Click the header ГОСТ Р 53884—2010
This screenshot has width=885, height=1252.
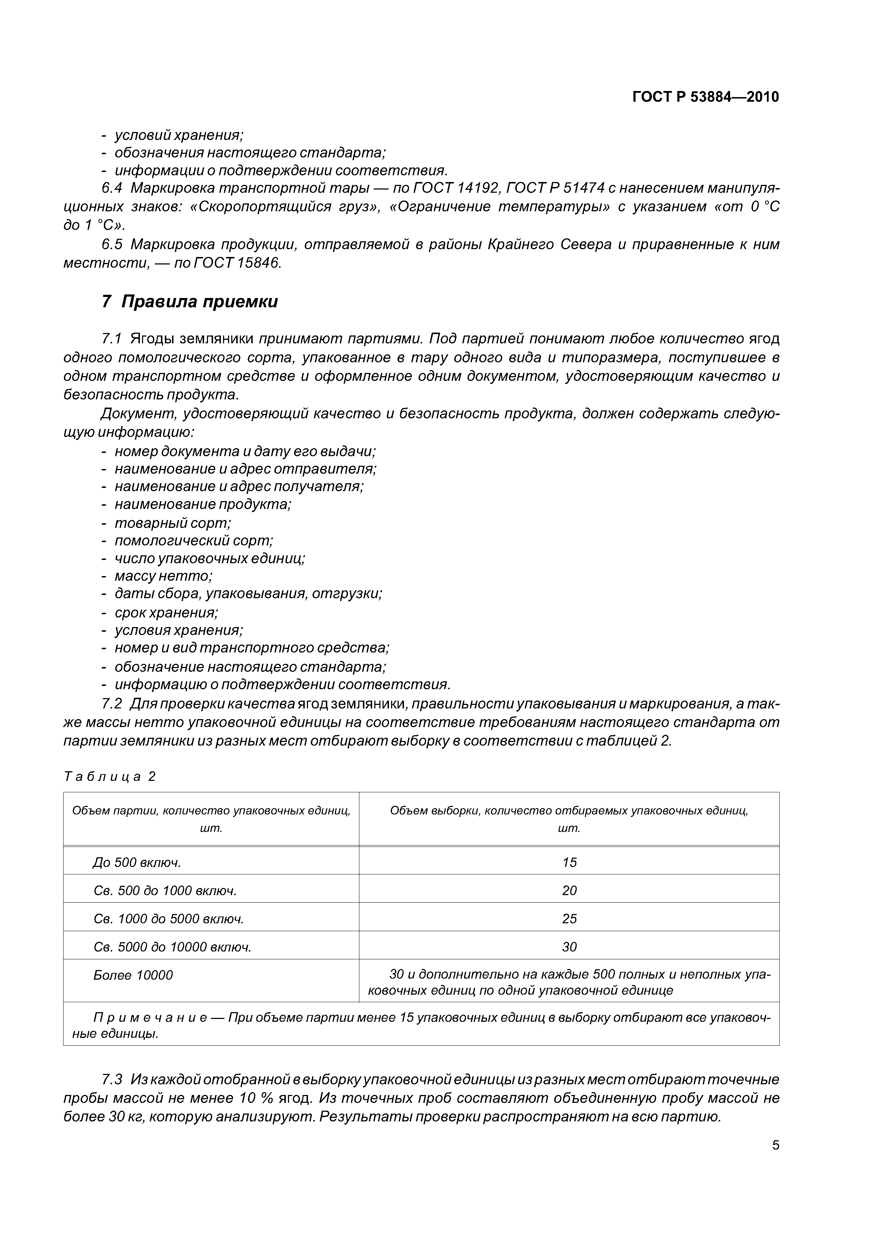point(705,97)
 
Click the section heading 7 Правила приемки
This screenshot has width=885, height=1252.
point(190,302)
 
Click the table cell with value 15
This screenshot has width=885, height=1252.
point(569,862)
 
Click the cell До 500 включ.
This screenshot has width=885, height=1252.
point(137,862)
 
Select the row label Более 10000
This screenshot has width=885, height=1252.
point(133,975)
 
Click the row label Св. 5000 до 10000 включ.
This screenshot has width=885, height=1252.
point(172,947)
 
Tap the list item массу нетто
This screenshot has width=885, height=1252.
point(163,576)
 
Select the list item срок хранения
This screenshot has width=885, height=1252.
point(166,612)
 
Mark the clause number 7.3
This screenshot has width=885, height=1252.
point(112,1080)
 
